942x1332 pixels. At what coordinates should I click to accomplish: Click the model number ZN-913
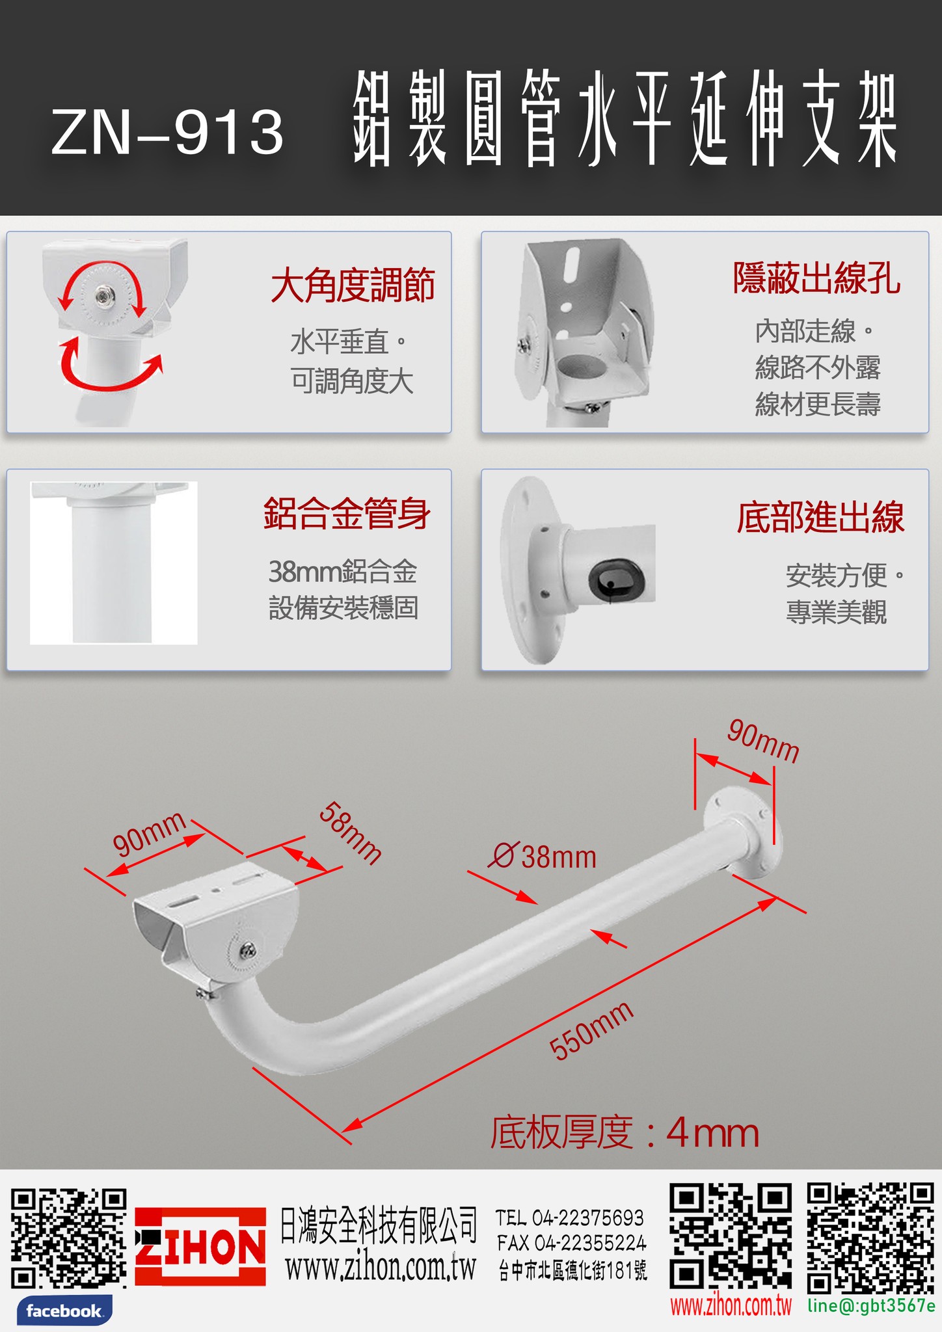167,133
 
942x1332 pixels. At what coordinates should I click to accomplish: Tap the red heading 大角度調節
353,286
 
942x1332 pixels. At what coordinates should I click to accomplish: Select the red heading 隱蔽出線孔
817,278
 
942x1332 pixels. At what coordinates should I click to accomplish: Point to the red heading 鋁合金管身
347,514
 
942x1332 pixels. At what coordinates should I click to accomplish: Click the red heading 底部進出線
820,518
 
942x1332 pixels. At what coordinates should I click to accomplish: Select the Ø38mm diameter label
543,857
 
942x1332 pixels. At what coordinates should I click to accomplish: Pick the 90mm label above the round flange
763,741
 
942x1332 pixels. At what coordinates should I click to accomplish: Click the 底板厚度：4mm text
625,1132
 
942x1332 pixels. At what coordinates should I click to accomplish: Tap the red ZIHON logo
200,1246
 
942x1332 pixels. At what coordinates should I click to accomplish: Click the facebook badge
64,1311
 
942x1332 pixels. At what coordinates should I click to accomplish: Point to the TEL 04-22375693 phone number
570,1218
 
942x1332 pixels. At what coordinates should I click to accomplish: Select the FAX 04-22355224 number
572,1243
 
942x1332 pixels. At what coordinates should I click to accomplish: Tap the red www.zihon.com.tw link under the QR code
731,1306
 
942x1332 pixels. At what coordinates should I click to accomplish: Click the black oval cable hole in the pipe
616,578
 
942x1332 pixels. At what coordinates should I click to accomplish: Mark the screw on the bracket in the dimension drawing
247,951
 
